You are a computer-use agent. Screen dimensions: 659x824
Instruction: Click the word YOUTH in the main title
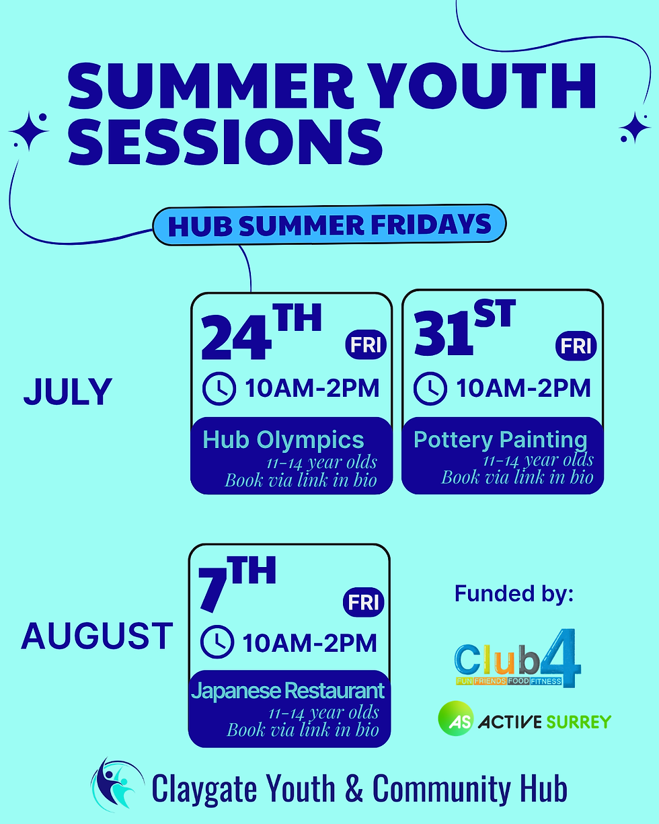(x=484, y=86)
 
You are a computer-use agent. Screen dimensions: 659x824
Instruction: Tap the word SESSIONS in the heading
(x=225, y=142)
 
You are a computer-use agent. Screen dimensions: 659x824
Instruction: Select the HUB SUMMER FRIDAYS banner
(x=329, y=225)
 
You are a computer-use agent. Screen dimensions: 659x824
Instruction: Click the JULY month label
(x=68, y=391)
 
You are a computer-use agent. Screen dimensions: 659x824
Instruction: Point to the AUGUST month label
(x=97, y=636)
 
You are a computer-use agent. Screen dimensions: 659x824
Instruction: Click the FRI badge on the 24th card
(x=366, y=344)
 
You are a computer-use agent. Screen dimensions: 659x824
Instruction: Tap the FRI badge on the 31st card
(x=576, y=346)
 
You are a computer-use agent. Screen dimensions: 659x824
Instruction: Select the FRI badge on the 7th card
(x=363, y=602)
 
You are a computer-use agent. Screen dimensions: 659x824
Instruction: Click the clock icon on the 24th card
(x=219, y=388)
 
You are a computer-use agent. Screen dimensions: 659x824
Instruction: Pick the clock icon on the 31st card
(x=430, y=388)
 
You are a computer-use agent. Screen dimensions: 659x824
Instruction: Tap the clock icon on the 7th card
(x=217, y=642)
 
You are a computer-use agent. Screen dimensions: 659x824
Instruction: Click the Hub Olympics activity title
(x=283, y=441)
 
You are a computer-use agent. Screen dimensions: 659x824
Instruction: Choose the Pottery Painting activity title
(x=500, y=441)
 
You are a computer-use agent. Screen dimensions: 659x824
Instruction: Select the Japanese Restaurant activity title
(x=288, y=691)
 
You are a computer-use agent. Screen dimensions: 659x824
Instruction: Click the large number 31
(x=443, y=334)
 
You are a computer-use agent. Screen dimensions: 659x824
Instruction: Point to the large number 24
(x=236, y=338)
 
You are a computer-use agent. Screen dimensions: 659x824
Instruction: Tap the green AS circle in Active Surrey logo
(x=456, y=718)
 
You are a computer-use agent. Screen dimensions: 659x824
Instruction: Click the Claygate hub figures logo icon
(x=118, y=784)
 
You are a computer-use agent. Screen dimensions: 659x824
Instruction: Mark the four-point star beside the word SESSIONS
(x=30, y=130)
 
